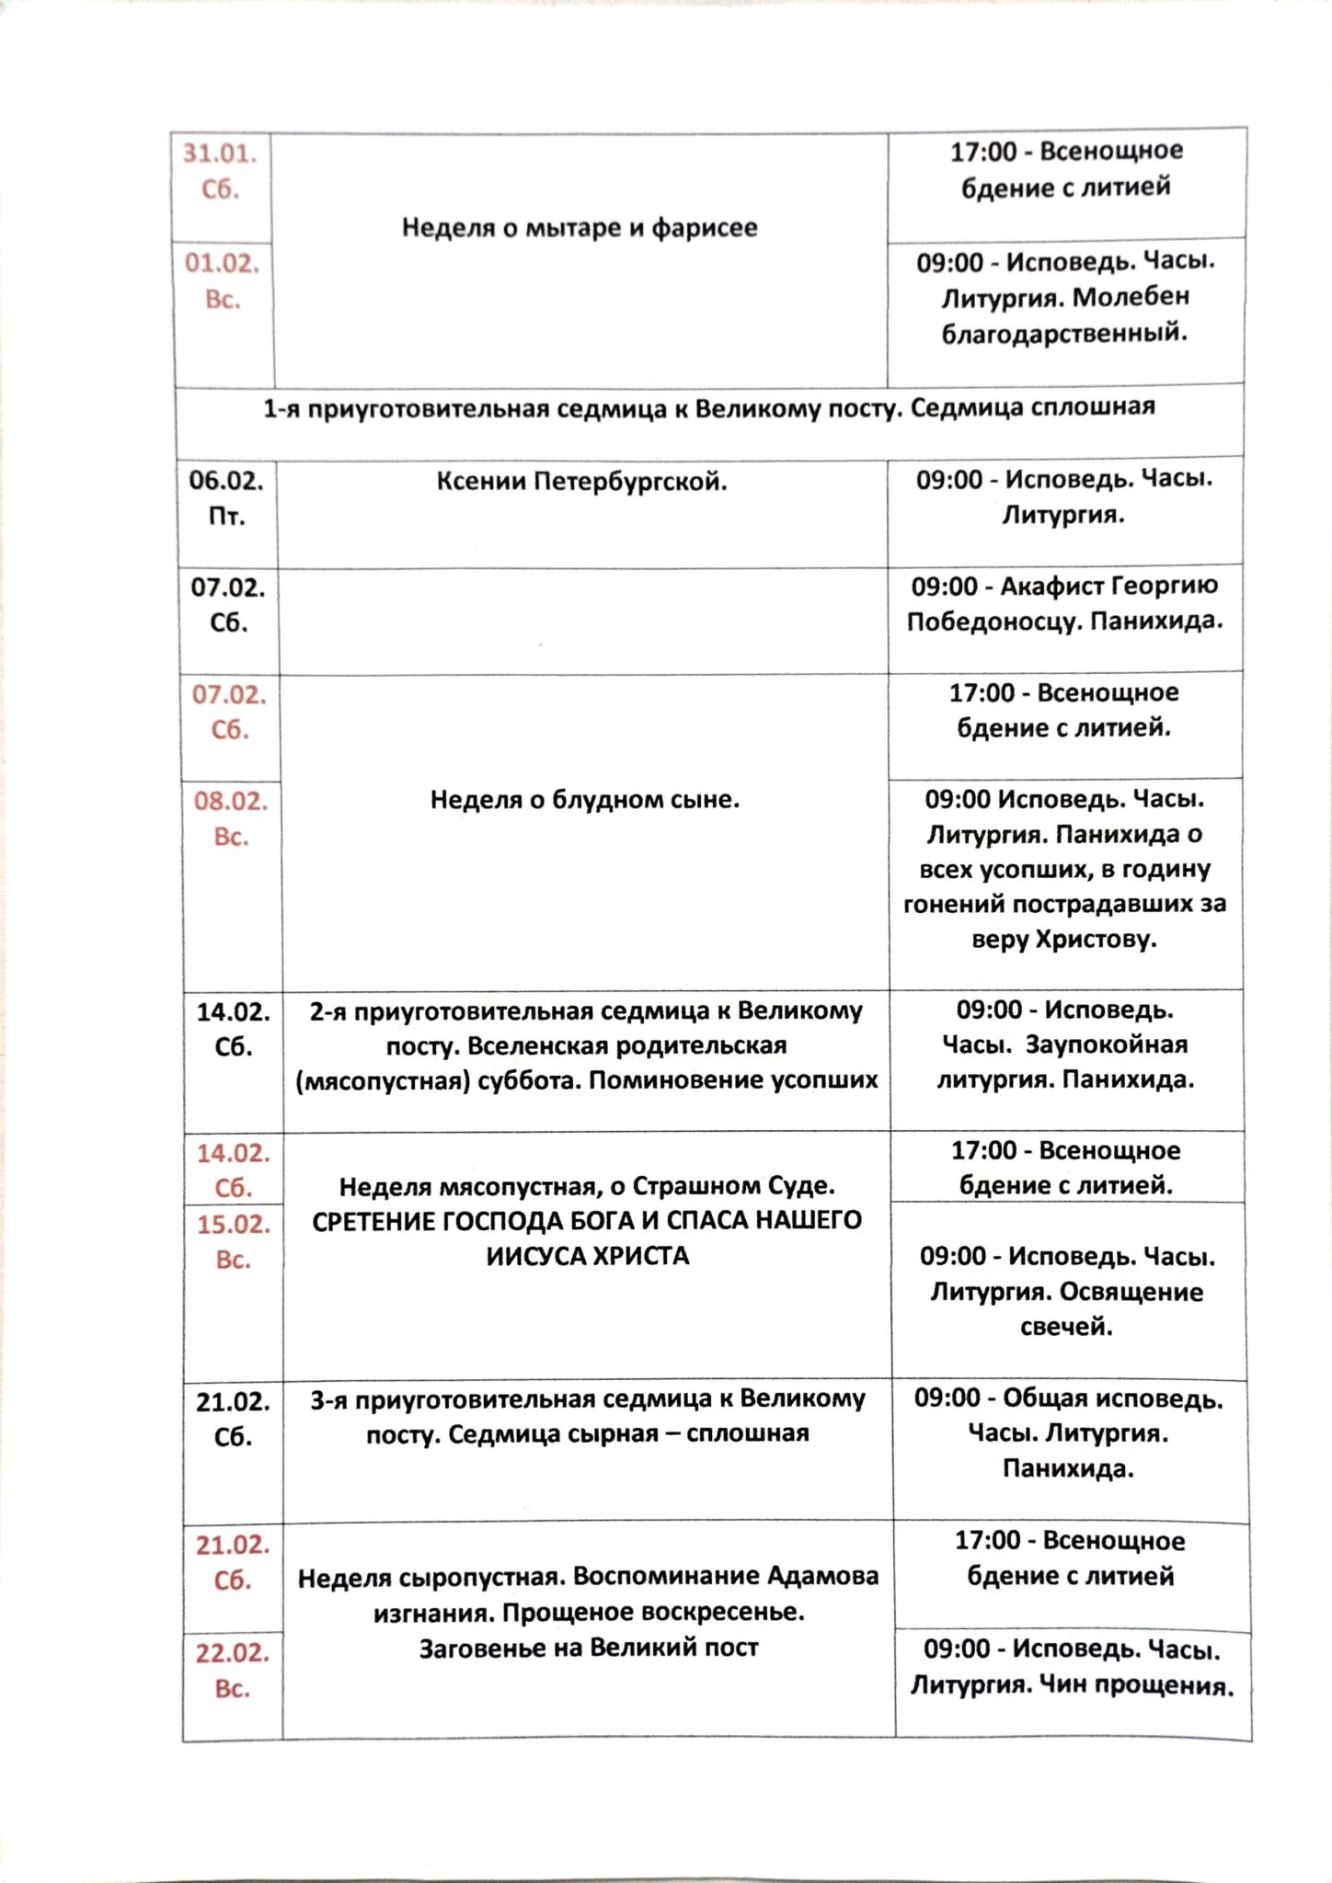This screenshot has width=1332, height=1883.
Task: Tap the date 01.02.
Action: pyautogui.click(x=222, y=264)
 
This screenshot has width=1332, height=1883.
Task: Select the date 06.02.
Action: pyautogui.click(x=226, y=480)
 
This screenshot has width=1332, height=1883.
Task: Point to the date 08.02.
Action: pyautogui.click(x=231, y=801)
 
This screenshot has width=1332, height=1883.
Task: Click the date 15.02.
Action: pyautogui.click(x=234, y=1224)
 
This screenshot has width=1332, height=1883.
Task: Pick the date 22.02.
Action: pyautogui.click(x=233, y=1653)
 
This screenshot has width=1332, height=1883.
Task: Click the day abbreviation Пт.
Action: pyautogui.click(x=226, y=517)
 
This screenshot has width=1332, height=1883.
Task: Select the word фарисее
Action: pyautogui.click(x=705, y=228)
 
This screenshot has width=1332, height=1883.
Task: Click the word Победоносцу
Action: pyautogui.click(x=994, y=622)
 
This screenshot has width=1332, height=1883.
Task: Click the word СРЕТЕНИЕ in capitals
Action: pyautogui.click(x=374, y=1222)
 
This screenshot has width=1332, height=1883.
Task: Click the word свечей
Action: pyautogui.click(x=1066, y=1328)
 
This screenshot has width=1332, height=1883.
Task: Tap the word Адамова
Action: pyautogui.click(x=823, y=1577)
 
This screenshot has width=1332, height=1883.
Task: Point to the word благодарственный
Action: pyautogui.click(x=1064, y=333)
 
